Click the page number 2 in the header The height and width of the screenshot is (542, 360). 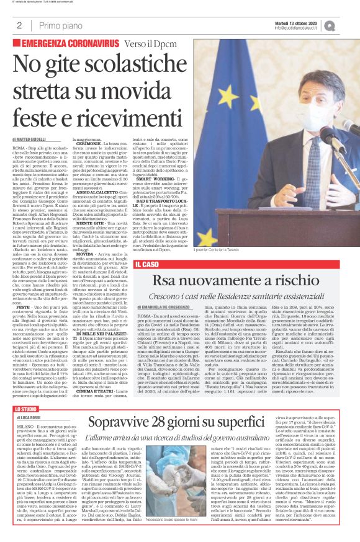(x=20, y=26)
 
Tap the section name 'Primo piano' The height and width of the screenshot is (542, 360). (x=61, y=26)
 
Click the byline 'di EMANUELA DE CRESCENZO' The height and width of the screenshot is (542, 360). (x=164, y=325)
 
